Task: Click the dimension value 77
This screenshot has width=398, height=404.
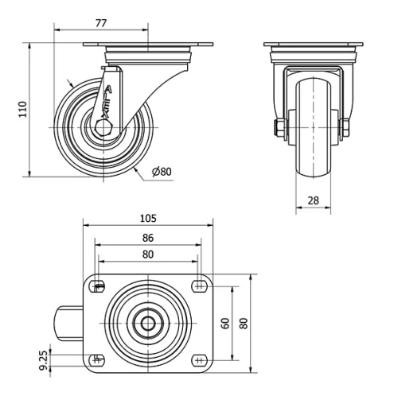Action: tap(100, 23)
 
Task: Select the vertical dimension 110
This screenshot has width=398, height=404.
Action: tap(22, 107)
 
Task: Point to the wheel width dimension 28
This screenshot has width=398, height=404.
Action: tap(314, 201)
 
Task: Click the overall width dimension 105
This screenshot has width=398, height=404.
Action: tap(147, 218)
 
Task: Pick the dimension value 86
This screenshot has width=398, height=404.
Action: tap(147, 237)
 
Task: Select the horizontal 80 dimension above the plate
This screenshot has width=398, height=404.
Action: tap(147, 254)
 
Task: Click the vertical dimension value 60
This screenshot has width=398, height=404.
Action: tap(225, 323)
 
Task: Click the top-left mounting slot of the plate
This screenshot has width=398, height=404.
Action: tap(99, 287)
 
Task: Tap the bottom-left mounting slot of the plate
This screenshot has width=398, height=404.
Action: tap(99, 359)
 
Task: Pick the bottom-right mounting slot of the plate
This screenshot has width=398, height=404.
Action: tap(197, 359)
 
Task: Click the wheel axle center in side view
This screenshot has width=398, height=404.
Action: tap(102, 127)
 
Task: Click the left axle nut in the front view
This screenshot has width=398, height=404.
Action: tap(279, 127)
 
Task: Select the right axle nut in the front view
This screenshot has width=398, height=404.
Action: tap(347, 127)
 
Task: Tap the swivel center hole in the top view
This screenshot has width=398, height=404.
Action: tap(149, 324)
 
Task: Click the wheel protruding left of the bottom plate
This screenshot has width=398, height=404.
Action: tap(68, 324)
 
